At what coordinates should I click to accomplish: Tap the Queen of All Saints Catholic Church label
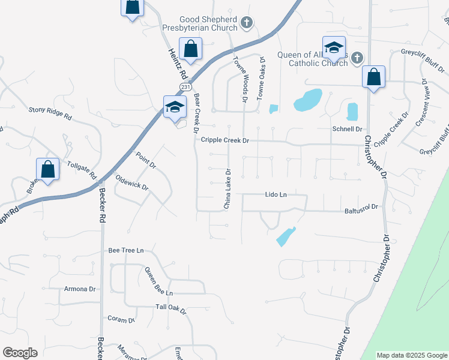pos(312,59)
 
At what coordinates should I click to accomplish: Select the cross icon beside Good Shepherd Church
pos(246,23)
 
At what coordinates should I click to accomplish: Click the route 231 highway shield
pos(185,87)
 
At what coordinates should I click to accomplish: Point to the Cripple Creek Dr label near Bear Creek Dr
pos(224,140)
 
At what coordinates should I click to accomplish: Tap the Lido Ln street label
pos(276,194)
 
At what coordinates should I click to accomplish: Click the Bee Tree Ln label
pos(126,250)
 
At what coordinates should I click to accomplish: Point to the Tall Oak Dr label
pos(171,309)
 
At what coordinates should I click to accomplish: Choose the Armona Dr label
pos(80,289)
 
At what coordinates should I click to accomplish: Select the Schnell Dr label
pos(347,129)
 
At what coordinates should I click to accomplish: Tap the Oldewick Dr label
pos(131,182)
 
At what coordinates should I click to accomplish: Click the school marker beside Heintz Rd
pos(175,107)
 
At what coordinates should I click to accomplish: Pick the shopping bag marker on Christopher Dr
pos(373,77)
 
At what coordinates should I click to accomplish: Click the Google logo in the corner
pos(20,353)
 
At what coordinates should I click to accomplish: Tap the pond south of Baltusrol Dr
pos(285,236)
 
